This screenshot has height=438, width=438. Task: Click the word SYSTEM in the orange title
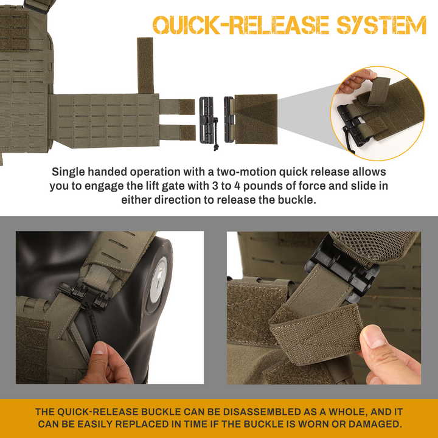tap(381, 25)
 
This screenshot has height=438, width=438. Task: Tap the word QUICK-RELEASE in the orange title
tap(241, 25)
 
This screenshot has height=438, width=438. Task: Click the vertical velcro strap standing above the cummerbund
tap(145, 65)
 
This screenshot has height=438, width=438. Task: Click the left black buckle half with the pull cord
tap(207, 120)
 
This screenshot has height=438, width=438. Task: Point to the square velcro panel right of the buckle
tap(256, 119)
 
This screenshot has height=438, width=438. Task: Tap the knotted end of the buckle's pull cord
tap(215, 147)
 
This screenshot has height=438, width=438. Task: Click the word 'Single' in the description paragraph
tap(68, 172)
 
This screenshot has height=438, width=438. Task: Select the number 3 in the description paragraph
tap(215, 186)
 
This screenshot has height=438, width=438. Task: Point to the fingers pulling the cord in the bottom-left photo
tap(108, 363)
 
